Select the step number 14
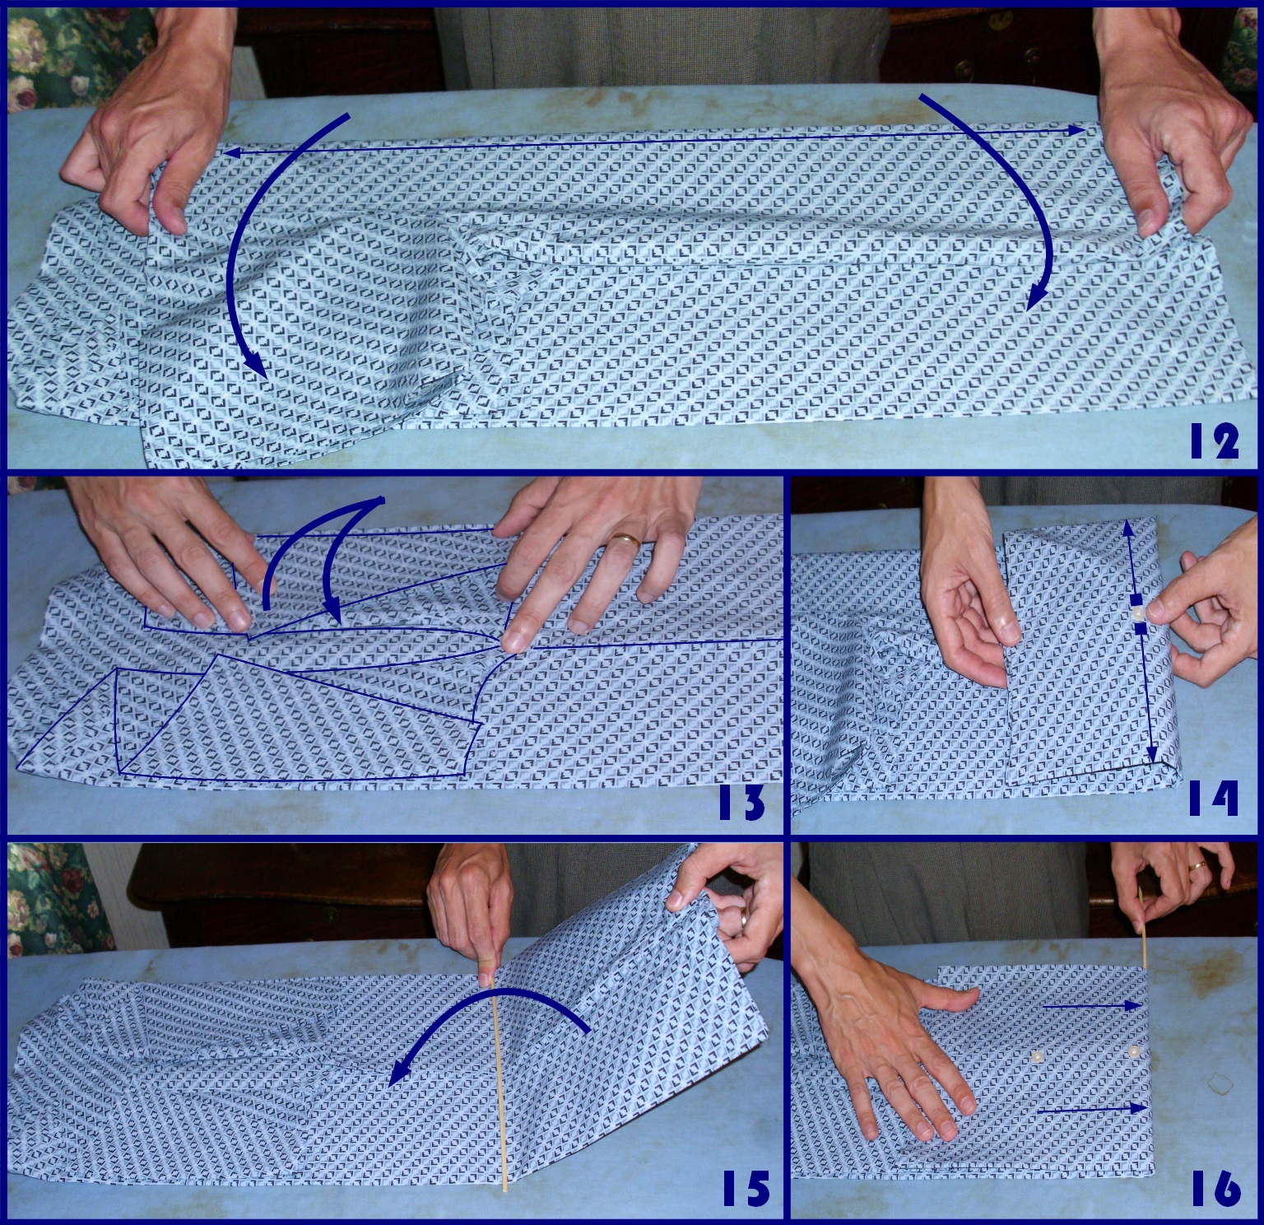click(x=1214, y=799)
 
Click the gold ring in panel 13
click(x=627, y=539)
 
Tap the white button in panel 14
click(x=1138, y=613)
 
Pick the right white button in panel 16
click(x=1135, y=1051)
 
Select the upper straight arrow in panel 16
click(x=1091, y=1006)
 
